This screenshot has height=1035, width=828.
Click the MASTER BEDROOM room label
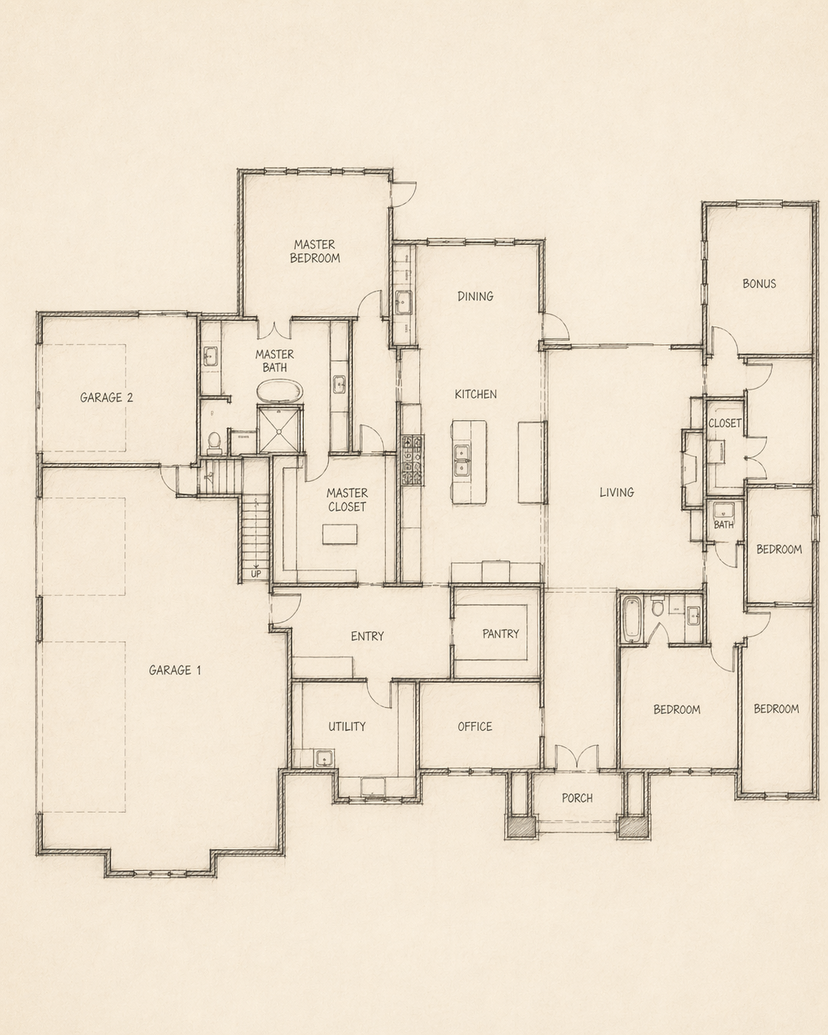[x=314, y=251]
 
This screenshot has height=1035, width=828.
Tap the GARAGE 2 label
[x=106, y=397]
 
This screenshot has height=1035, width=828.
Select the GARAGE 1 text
[x=175, y=670]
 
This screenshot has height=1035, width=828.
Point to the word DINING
[x=475, y=296]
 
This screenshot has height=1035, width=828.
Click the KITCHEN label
[x=475, y=394]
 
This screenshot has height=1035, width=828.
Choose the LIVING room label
[x=616, y=492]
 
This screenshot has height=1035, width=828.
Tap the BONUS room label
[x=759, y=283]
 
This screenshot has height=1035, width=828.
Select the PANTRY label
[x=500, y=633]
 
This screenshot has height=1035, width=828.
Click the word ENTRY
[x=367, y=636]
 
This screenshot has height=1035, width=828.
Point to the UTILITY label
[x=347, y=726]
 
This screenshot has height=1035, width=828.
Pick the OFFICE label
[x=475, y=726]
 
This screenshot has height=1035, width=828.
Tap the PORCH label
[x=577, y=798]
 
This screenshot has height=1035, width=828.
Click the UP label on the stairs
[x=256, y=574]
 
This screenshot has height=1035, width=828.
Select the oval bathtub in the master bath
[x=280, y=391]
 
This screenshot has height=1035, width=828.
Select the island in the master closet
[x=339, y=534]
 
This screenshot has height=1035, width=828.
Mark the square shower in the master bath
[x=280, y=428]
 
